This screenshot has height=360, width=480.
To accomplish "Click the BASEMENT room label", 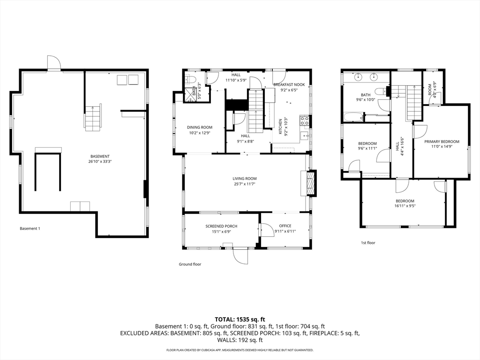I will [x=100, y=156].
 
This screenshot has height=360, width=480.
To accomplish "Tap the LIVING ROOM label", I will [x=245, y=179].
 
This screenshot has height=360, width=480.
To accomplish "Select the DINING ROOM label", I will [x=200, y=127].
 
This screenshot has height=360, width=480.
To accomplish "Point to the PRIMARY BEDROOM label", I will [x=442, y=141].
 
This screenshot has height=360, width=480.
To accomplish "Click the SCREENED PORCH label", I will [x=221, y=226].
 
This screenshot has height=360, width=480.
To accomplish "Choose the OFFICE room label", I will [x=285, y=226].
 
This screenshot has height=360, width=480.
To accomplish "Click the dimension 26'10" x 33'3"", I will [x=100, y=162].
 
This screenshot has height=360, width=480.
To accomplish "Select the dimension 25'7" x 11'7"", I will [x=245, y=184].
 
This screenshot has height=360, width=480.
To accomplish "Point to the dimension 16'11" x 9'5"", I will [x=405, y=205].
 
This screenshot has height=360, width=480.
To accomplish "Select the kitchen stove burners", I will [x=305, y=121].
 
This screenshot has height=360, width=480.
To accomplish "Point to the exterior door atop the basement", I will [x=54, y=63].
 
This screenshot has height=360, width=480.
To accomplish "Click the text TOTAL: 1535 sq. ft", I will [x=240, y=319].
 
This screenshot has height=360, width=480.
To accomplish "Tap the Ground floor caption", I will [x=190, y=264].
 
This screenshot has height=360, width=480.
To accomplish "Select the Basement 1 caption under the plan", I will [x=30, y=229].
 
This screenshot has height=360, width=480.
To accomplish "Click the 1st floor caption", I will [x=368, y=243].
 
